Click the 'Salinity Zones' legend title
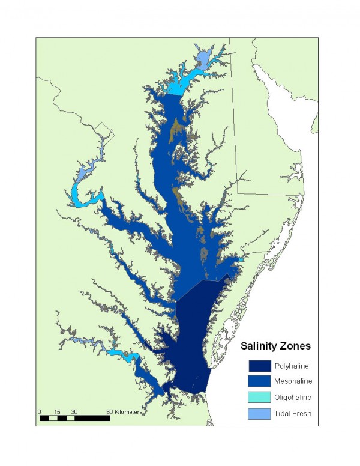275,346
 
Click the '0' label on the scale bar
40,411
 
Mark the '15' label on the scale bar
57,411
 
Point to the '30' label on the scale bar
74,411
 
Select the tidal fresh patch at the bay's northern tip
203,58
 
